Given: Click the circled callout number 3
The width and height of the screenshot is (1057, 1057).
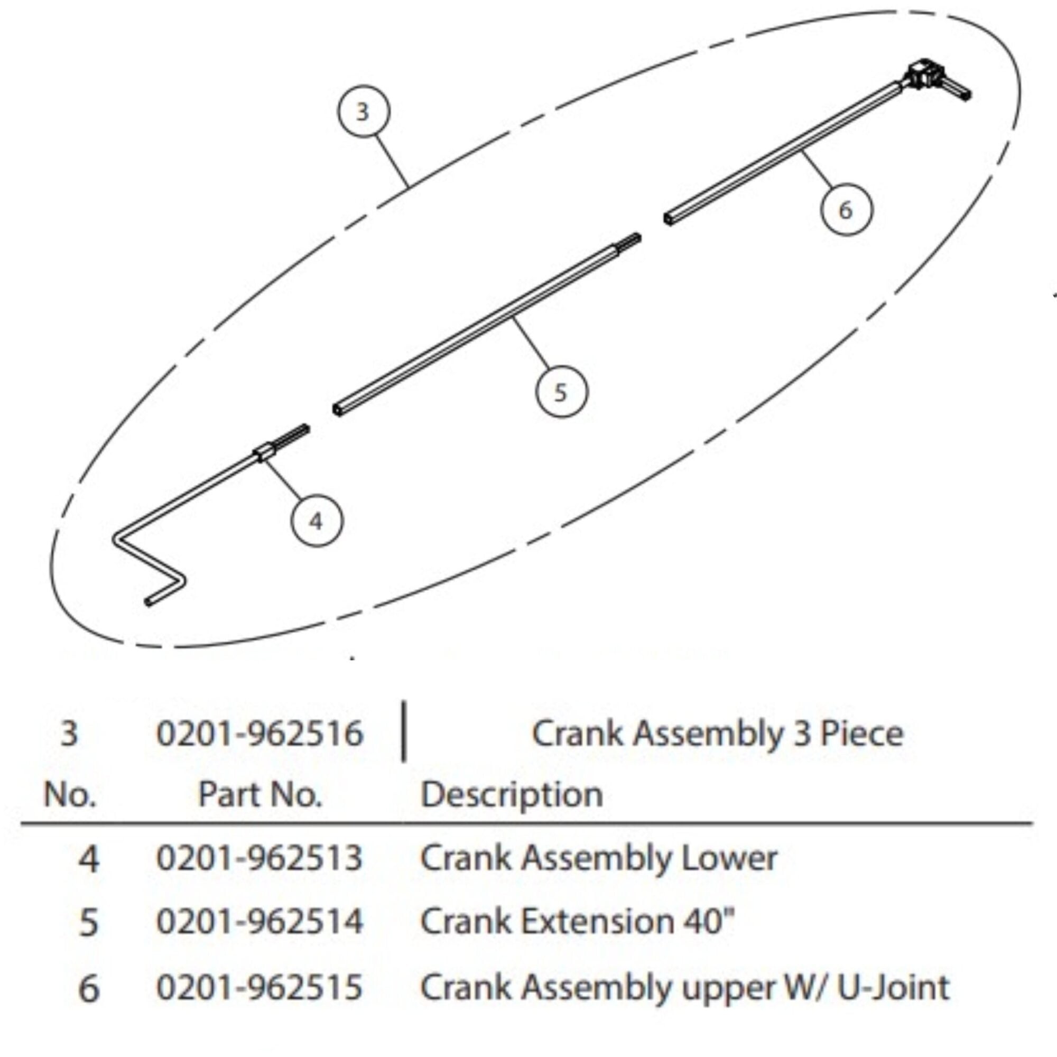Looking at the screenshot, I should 363,112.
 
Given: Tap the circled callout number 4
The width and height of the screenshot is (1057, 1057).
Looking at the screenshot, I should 316,521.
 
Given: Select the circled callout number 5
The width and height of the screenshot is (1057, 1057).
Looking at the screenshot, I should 561,392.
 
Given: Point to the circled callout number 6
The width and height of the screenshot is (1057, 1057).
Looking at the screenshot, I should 846,210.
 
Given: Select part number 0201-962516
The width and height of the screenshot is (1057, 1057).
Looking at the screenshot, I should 260,734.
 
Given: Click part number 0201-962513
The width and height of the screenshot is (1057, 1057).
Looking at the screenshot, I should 260,858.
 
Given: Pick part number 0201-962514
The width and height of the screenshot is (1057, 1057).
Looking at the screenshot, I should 260,921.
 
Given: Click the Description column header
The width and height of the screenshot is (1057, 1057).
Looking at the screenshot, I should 512,794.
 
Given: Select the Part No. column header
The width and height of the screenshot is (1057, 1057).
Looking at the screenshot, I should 260,794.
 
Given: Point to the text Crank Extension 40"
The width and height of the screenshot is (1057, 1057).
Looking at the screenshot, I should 577,921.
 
